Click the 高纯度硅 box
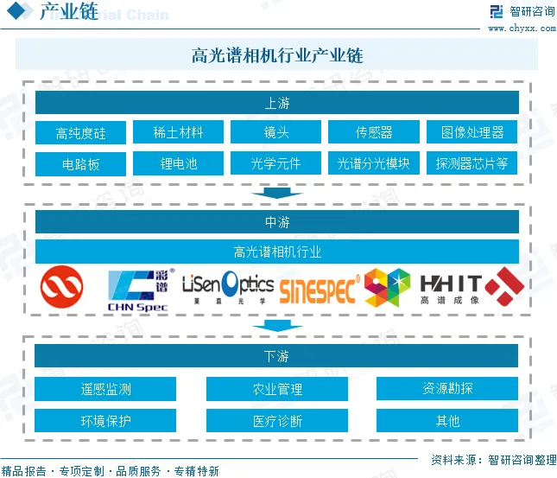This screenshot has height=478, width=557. pos(81,132)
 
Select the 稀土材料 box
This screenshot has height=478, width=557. pos(179,132)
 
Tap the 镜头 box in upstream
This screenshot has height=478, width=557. pos(276,132)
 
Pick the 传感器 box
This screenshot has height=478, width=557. pos(374,132)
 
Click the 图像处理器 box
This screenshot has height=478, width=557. pos(472,132)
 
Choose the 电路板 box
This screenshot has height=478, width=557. pos(81,163)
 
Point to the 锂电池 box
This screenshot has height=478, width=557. pos(179,163)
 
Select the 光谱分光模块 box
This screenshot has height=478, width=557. pos(374,163)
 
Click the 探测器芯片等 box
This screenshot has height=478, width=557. pos(472,163)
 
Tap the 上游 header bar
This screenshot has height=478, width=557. pos(276,103)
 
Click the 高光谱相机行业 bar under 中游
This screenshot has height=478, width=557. pos(276,252)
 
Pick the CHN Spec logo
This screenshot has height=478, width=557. pos(138,289)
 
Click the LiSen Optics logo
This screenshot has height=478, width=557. pos(228,289)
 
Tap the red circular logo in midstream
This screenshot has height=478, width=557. pos(62,287)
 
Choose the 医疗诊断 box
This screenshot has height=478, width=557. pos(276,421)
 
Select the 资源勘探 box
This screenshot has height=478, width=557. pos(447,389)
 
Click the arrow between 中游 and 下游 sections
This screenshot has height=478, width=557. pos(276,326)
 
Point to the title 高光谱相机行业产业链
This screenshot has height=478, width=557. pos(276,55)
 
